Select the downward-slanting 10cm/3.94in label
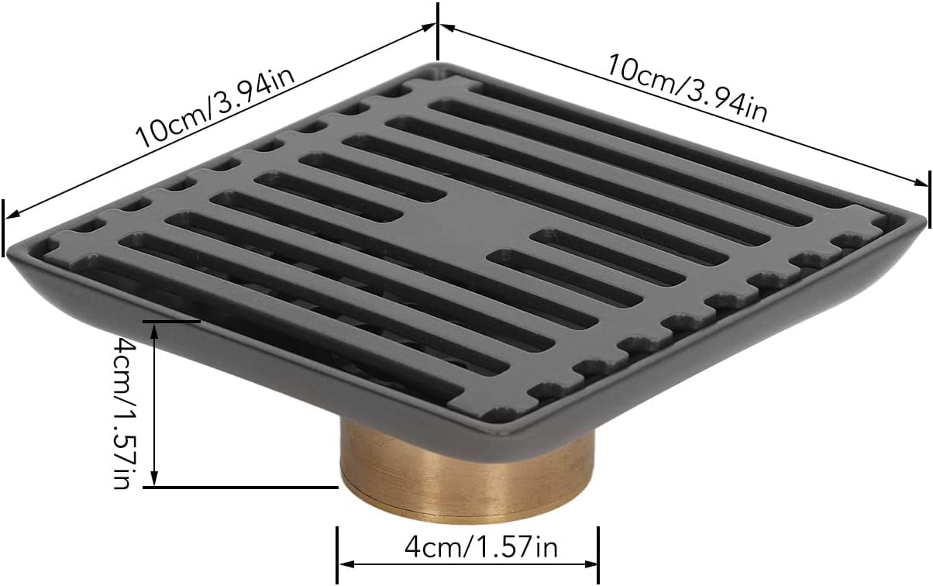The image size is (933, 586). coord(687,88)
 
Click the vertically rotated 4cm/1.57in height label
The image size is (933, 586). coord(126,412)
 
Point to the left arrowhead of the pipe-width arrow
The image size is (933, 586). coord(346,564)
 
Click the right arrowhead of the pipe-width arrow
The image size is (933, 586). coord(590,564)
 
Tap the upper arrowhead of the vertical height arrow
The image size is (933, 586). coord(154,331)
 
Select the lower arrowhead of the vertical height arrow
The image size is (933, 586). coord(154,478)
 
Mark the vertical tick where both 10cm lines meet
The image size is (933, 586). coord(437,31)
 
